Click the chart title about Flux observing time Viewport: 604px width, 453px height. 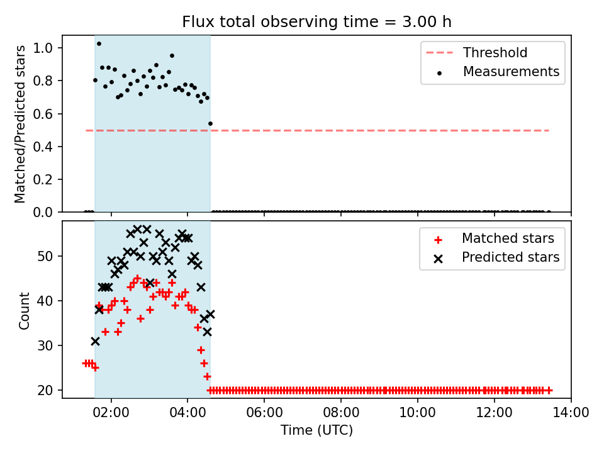click(x=316, y=22)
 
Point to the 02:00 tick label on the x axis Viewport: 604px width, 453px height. click(x=111, y=413)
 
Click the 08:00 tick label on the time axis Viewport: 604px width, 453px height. click(x=341, y=413)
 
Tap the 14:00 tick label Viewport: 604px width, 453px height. click(x=571, y=413)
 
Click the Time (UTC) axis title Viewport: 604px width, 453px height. click(x=316, y=431)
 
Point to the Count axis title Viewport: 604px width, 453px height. click(x=25, y=311)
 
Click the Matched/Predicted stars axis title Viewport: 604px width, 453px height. click(x=21, y=124)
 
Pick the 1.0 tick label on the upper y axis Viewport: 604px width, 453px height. click(x=48, y=48)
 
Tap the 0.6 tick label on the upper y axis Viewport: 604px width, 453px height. click(x=48, y=114)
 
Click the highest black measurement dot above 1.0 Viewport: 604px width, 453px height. click(x=99, y=44)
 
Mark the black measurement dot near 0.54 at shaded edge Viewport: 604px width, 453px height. click(x=210, y=123)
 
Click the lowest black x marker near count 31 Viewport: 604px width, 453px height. click(x=95, y=341)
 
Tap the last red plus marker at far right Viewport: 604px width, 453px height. click(x=549, y=390)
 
